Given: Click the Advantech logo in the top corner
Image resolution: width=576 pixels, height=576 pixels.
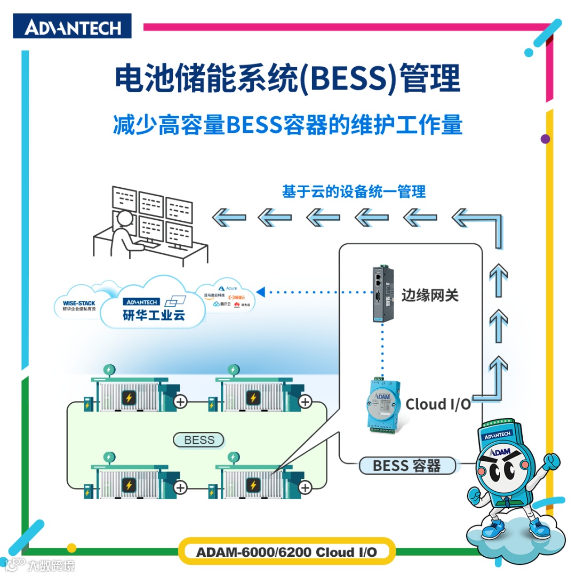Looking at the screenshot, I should click(x=72, y=26).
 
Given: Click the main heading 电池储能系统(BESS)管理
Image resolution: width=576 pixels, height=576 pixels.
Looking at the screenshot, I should click(x=287, y=79).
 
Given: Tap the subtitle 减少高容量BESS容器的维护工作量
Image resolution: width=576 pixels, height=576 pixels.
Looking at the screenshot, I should click(x=287, y=125).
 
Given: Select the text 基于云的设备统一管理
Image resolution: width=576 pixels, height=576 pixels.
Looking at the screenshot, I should click(x=354, y=191).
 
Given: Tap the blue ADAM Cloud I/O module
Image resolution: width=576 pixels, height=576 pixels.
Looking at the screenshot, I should click(x=383, y=405).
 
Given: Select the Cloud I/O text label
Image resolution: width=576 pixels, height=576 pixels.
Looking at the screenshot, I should click(x=438, y=404).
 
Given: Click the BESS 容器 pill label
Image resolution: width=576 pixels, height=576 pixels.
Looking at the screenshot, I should click(x=407, y=466).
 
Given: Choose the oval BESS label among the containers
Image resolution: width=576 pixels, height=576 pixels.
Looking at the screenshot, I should click(x=199, y=440).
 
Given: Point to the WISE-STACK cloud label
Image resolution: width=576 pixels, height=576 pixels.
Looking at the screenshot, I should click(x=78, y=303).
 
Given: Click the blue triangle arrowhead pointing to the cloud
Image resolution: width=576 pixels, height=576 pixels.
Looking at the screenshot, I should click(x=261, y=292).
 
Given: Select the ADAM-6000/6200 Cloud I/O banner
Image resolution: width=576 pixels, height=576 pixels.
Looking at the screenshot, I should click(x=286, y=551).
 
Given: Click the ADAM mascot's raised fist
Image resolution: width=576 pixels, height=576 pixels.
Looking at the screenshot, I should click(x=549, y=460).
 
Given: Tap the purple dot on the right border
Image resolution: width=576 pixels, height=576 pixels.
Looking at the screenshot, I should click(x=545, y=139).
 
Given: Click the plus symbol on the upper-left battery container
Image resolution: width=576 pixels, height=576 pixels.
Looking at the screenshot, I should click(x=181, y=401).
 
